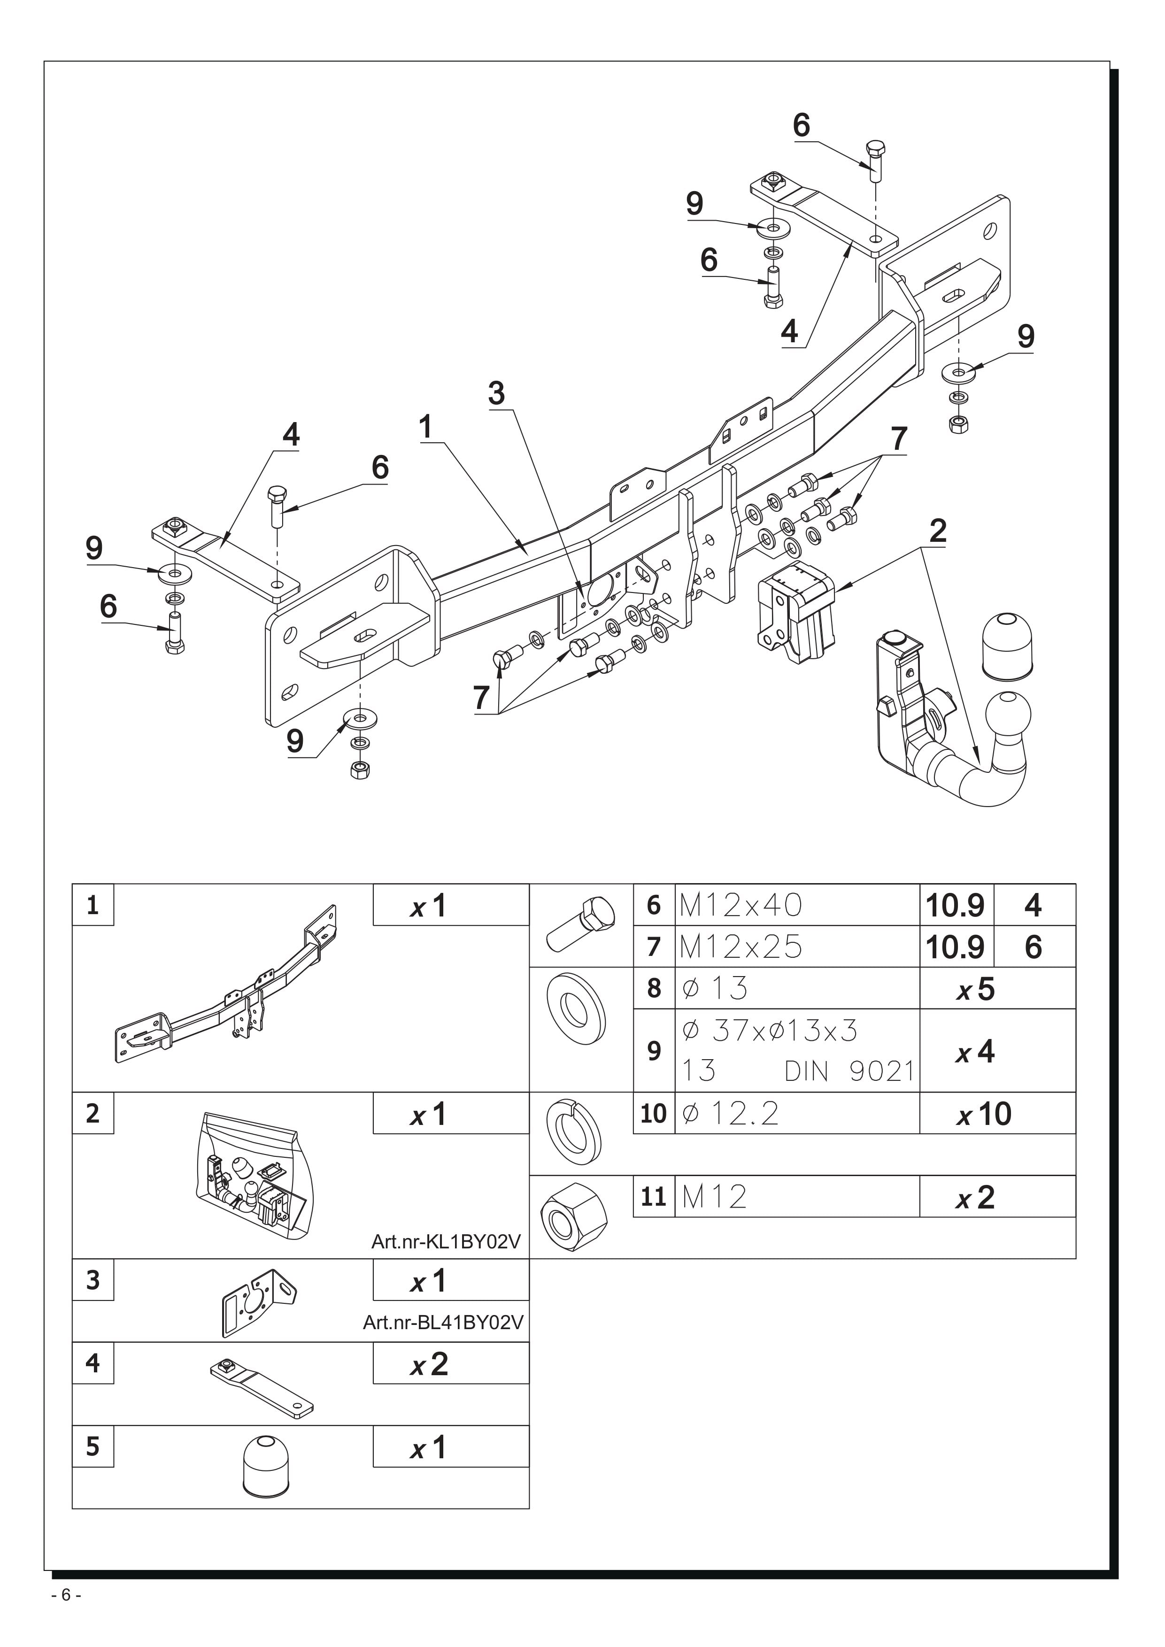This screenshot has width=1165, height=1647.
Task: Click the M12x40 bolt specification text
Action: [x=741, y=905]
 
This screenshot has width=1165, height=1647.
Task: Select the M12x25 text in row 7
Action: [x=741, y=947]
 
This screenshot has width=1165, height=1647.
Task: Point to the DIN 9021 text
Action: [x=849, y=1072]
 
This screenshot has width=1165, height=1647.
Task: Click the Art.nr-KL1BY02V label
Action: [x=446, y=1242]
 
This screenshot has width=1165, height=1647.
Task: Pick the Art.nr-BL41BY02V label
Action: [x=443, y=1322]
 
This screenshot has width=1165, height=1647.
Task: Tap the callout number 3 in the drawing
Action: [x=496, y=393]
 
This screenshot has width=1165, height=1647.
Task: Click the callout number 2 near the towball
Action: [x=938, y=531]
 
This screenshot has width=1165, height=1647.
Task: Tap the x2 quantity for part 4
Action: [x=429, y=1363]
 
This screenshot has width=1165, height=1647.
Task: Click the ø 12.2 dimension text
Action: [x=730, y=1114]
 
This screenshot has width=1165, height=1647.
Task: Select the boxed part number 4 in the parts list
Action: [x=93, y=1363]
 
